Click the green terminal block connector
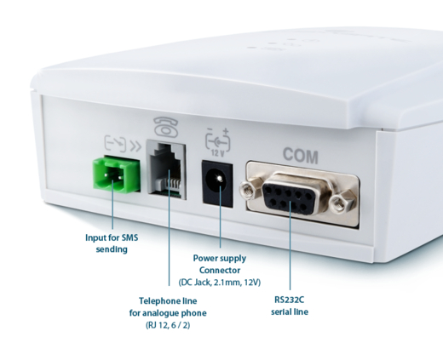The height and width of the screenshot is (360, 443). (117, 174)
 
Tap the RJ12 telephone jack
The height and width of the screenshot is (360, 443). (167, 169)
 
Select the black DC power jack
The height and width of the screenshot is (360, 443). (217, 183)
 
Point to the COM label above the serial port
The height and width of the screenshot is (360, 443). (301, 156)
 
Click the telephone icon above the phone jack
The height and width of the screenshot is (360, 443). (166, 127)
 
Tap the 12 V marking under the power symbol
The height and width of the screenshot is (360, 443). (218, 153)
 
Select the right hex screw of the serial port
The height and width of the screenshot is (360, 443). (340, 203)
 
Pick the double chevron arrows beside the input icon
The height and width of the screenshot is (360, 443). (135, 147)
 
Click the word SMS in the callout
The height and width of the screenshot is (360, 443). (129, 237)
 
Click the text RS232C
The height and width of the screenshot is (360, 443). (290, 300)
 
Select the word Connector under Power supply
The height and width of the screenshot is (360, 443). (220, 270)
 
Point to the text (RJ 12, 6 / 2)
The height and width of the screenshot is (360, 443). (168, 325)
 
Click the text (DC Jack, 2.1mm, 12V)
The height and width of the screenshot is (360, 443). (220, 283)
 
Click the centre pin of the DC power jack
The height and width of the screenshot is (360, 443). (219, 178)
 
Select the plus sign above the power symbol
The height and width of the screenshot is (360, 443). (226, 131)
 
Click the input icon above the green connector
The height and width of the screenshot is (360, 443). (115, 143)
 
